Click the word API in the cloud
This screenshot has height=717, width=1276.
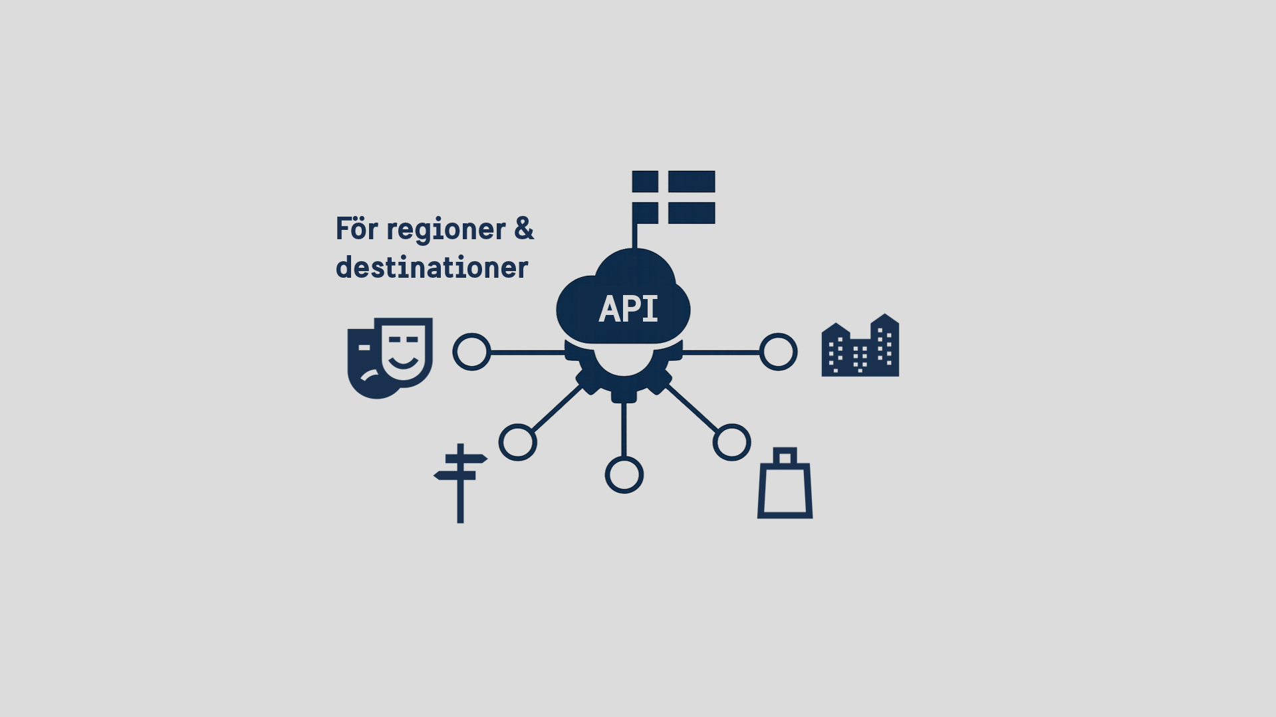tap(628, 309)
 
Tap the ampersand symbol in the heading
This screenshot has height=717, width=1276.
tap(524, 229)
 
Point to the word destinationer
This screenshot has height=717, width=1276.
tap(432, 267)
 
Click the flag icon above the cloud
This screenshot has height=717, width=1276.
tap(673, 197)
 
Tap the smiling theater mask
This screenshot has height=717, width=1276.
tap(406, 352)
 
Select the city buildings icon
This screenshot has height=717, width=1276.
tap(860, 346)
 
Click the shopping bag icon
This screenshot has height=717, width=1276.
tap(785, 483)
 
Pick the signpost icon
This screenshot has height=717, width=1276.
tap(460, 483)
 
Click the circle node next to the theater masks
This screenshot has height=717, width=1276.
tap(471, 352)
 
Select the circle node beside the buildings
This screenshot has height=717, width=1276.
tap(779, 352)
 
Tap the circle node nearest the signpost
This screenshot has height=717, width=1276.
tap(518, 443)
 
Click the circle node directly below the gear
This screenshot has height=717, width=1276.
tap(624, 475)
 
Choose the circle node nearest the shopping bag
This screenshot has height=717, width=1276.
tap(732, 443)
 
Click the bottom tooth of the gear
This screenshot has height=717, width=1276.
tap(624, 396)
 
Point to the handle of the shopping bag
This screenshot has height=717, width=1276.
tap(785, 456)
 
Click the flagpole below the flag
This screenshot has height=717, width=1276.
tap(634, 237)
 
